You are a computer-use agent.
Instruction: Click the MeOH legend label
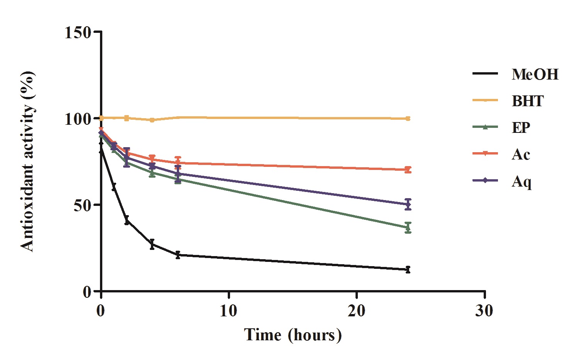(535, 74)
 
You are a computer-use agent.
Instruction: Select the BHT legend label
(528, 101)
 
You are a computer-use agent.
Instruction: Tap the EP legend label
(521, 127)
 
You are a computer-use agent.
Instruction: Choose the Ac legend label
(521, 154)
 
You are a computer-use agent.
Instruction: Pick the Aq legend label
(522, 181)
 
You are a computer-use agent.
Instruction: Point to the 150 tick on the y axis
(78, 32)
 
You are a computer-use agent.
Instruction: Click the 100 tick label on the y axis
(78, 118)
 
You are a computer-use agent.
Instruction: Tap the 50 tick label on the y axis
(83, 205)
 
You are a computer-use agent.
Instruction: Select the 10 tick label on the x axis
(229, 310)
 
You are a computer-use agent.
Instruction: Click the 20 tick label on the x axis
(356, 310)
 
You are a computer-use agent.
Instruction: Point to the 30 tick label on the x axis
(484, 310)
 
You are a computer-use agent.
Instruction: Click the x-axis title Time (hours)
(293, 335)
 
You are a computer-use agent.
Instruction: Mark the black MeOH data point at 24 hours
(408, 270)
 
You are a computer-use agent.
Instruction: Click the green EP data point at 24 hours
(408, 228)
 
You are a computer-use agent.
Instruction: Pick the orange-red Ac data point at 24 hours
(408, 170)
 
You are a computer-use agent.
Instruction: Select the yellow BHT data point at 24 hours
(408, 119)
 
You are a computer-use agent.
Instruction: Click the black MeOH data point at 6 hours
(178, 255)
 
